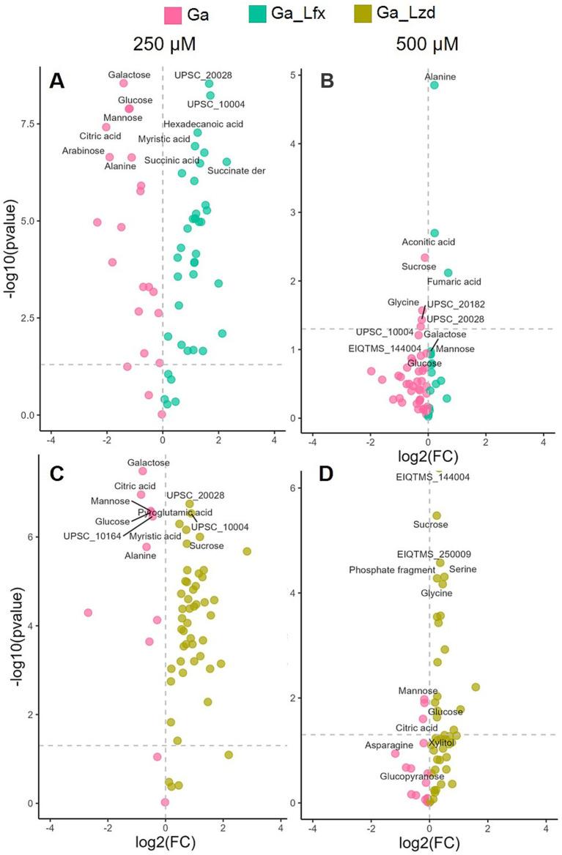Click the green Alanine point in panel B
(x=434, y=86)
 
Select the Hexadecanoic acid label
(x=203, y=124)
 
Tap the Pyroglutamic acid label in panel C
(x=175, y=512)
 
